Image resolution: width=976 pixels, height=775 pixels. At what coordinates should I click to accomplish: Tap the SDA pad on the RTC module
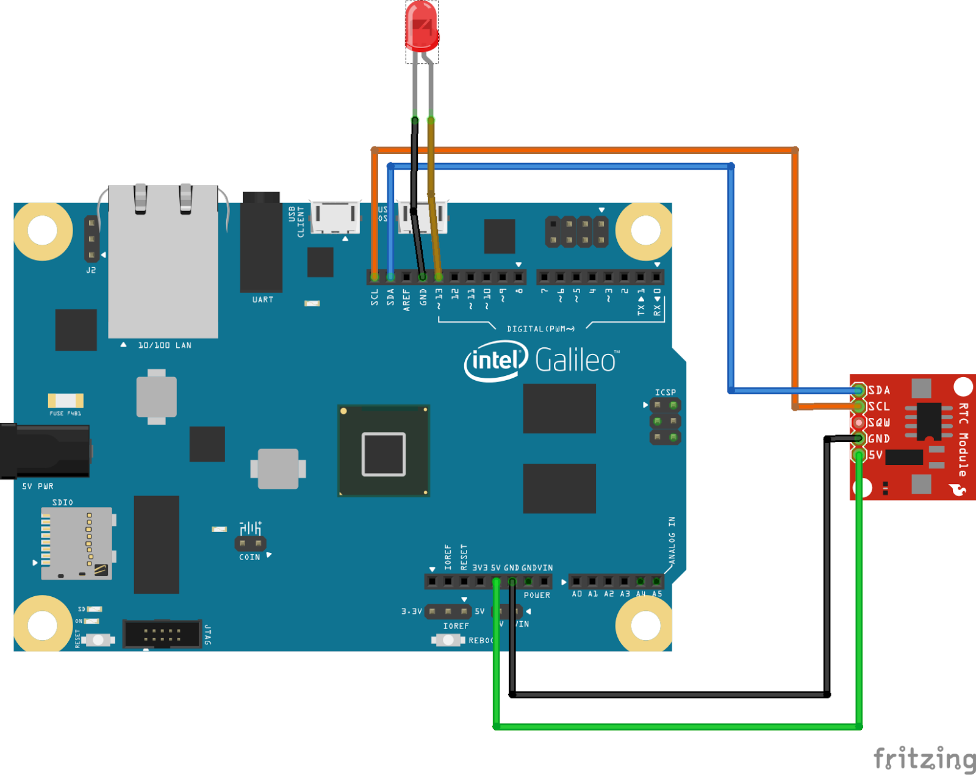pos(859,390)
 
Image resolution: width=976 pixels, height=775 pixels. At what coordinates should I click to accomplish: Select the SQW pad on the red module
pos(859,422)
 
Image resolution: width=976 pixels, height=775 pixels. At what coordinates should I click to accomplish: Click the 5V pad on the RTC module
pos(859,455)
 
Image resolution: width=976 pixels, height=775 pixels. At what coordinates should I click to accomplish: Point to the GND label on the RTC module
pos(879,439)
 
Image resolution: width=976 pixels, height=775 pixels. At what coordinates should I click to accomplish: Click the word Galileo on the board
pos(576,360)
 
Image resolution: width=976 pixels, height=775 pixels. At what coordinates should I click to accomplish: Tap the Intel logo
pos(495,361)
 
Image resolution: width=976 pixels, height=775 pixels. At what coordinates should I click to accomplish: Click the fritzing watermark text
pos(924,759)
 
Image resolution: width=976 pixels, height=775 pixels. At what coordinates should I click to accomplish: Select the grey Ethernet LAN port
pos(163,262)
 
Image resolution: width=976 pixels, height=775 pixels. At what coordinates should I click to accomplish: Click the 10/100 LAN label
pos(165,345)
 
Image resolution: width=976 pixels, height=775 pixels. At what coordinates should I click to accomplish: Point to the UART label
pos(263,300)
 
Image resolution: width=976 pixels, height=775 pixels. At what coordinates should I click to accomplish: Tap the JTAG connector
pos(162,635)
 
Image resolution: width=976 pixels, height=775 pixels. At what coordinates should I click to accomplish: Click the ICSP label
pos(666,392)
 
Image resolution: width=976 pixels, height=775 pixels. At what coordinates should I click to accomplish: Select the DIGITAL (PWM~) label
pos(540,329)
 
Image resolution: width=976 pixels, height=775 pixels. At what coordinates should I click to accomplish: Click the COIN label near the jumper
pos(249,557)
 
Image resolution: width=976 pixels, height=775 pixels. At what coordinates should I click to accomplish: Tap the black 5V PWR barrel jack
pos(46,450)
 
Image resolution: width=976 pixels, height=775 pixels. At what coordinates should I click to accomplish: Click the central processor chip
pos(384,451)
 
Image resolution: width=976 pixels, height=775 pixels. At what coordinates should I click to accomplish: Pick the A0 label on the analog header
pos(576,594)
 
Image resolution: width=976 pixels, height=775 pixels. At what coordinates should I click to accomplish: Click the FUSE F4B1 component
pos(65,401)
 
